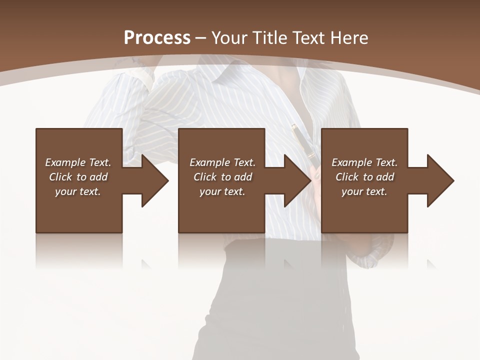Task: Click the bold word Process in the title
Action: click(157, 38)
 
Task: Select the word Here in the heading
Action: click(348, 38)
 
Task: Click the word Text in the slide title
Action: click(307, 38)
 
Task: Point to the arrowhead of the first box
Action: click(154, 180)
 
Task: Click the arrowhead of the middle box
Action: click(297, 180)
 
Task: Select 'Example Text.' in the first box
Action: click(78, 162)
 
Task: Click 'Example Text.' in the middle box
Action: click(222, 162)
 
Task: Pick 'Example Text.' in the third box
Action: click(364, 162)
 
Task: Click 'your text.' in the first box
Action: click(78, 191)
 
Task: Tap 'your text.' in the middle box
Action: click(222, 191)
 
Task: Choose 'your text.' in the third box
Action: click(364, 191)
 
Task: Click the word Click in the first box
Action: click(61, 177)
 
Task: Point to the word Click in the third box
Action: click(347, 177)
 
